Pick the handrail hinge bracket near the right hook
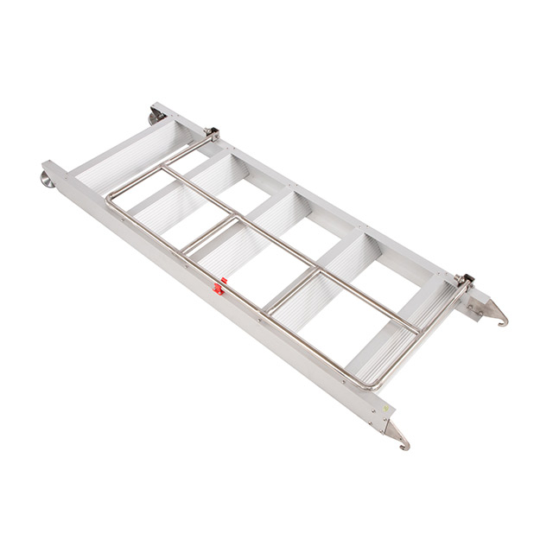point(463,282)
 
